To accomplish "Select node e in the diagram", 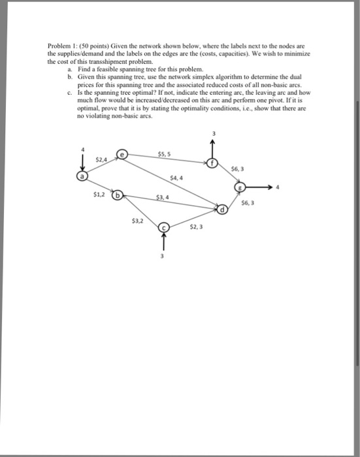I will [121, 154].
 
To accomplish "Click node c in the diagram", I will [165, 227].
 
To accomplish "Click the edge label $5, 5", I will [165, 154].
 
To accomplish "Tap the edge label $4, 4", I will [176, 178].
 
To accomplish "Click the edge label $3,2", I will [138, 221].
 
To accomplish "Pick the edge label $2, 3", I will [197, 228].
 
